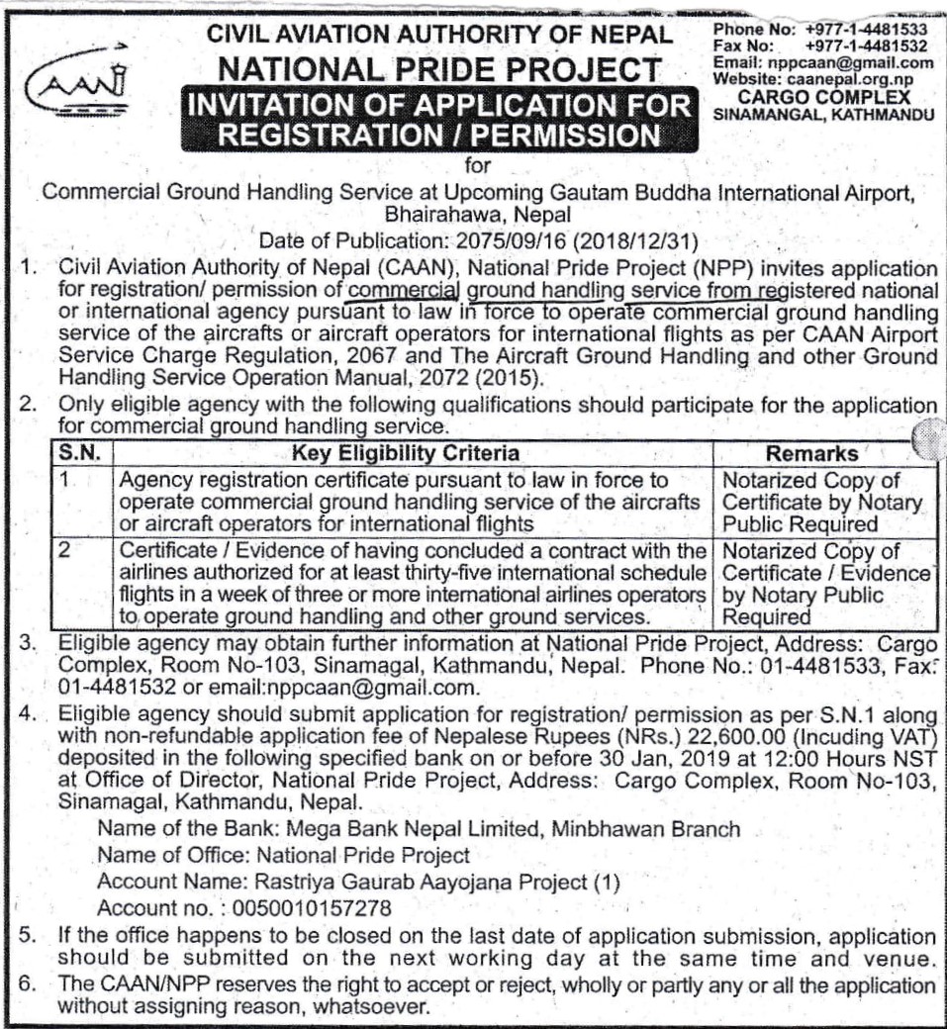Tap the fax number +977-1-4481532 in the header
[x=866, y=46]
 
